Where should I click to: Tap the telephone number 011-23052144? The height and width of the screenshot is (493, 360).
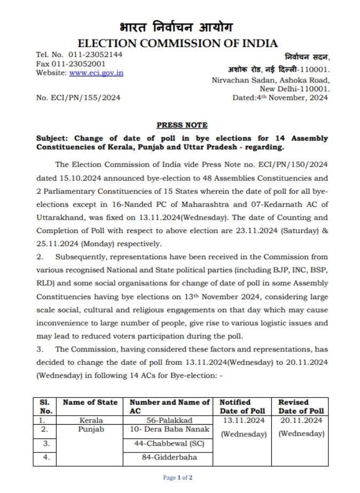pyautogui.click(x=95, y=54)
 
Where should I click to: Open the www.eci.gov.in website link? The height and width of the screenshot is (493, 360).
pyautogui.click(x=96, y=73)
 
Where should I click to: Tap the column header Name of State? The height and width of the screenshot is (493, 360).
pyautogui.click(x=88, y=402)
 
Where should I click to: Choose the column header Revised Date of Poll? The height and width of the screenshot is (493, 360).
pyautogui.click(x=301, y=406)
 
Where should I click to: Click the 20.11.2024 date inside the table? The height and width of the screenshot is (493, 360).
pyautogui.click(x=301, y=421)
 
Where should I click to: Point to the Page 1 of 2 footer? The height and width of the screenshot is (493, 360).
pyautogui.click(x=178, y=478)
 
